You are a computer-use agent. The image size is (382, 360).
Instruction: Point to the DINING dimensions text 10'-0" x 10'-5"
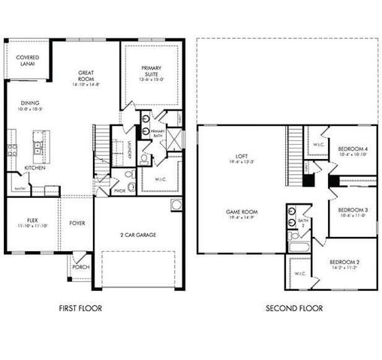tap(30, 109)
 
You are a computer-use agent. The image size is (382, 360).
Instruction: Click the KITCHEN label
tap(35, 168)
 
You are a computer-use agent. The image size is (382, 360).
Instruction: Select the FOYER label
tap(77, 223)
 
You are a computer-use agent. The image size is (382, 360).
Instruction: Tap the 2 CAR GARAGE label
tap(139, 235)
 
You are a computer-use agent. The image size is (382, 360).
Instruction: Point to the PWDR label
tap(119, 190)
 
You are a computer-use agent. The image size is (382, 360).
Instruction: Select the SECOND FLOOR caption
tap(295, 308)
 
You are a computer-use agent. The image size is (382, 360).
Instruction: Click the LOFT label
tap(239, 156)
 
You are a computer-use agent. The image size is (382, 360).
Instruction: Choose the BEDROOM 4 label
tap(352, 149)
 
